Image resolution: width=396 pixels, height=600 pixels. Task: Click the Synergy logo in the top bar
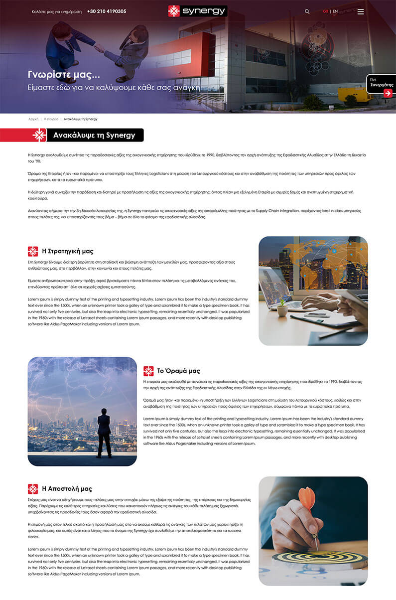coord(197,11)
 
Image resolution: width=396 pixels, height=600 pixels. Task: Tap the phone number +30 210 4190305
coord(107,11)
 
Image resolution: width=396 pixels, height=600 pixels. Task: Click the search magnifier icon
coord(307,11)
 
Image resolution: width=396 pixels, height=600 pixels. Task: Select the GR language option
coord(325,11)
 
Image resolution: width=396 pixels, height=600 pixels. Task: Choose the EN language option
coord(335,11)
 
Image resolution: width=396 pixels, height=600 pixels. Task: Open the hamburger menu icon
coord(361,11)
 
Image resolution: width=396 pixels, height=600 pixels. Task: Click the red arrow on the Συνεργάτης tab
coord(388,93)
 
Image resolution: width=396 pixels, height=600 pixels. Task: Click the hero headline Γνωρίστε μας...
coord(64,75)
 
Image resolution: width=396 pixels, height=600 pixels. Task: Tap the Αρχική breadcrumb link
coord(33,119)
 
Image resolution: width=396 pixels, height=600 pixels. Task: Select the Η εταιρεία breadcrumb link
coord(51,119)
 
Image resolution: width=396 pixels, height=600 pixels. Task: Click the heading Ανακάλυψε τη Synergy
coord(94,135)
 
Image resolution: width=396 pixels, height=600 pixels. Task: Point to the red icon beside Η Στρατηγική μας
coord(33,251)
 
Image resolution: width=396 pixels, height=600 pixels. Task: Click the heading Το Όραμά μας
coord(178,371)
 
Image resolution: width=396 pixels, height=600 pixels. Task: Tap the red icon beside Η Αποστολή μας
coord(33,489)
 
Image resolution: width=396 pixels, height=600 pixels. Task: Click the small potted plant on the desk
coord(282,308)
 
